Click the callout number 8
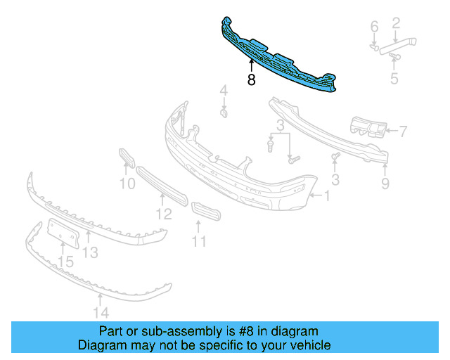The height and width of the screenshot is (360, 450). point(251,80)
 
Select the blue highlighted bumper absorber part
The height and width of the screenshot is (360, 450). point(281,60)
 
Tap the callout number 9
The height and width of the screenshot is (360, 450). point(385,184)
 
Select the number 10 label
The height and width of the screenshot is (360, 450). point(127,184)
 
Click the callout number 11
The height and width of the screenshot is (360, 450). point(200,241)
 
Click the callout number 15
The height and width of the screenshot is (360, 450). point(65,262)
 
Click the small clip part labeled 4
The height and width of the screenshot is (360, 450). point(224,112)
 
